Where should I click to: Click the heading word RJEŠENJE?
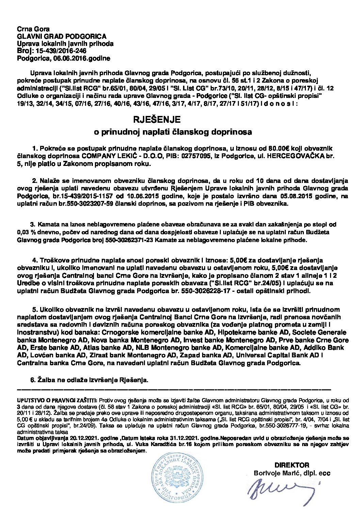point(156,120)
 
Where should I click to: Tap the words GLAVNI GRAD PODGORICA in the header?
point(62,36)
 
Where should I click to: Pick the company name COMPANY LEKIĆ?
point(103,156)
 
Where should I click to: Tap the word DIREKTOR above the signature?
point(292,465)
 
